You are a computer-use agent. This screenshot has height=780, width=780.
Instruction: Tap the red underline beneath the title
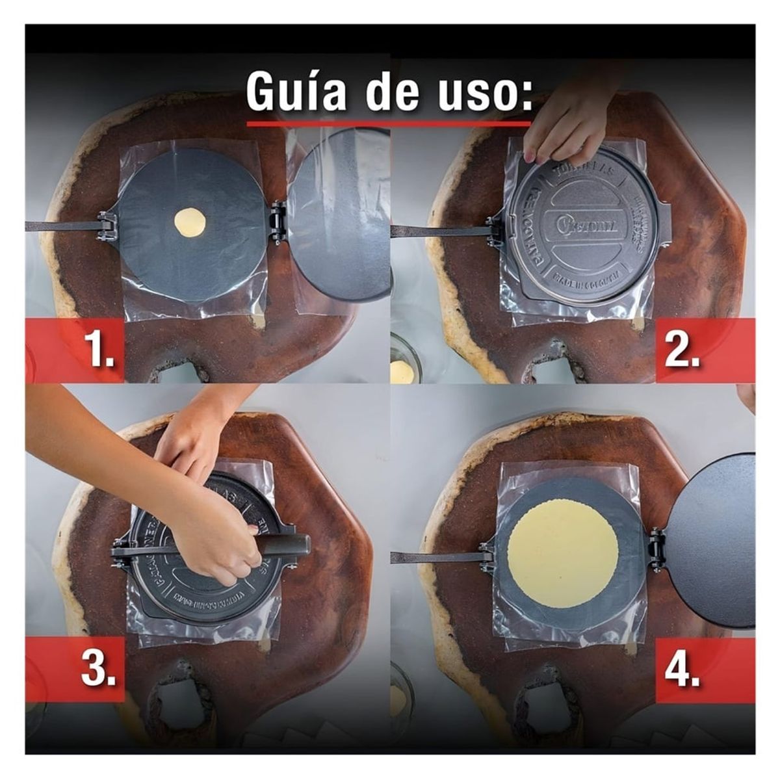(389, 123)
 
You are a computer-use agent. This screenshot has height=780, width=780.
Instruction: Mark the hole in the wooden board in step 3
(174, 705)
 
